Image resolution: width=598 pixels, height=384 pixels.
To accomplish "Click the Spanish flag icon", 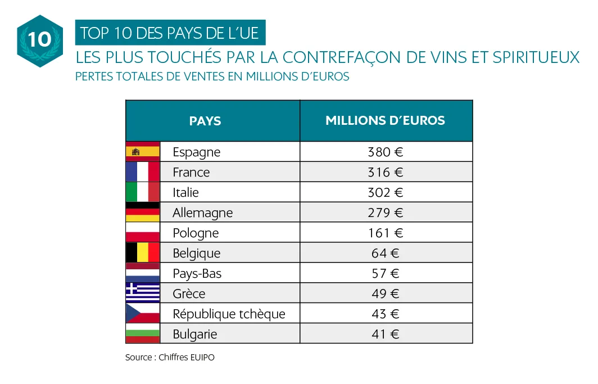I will [x=143, y=152].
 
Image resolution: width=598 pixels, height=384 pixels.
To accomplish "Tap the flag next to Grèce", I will [x=143, y=293].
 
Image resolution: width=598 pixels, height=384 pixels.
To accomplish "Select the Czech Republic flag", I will [x=143, y=313].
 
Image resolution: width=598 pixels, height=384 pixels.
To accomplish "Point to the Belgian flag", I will [x=143, y=252].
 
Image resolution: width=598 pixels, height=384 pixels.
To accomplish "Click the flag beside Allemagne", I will [x=143, y=213].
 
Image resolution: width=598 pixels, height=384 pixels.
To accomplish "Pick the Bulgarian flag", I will [x=143, y=333].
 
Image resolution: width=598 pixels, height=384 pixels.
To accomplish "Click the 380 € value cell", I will [x=386, y=152].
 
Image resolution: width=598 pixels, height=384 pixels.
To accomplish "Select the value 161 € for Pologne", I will [x=386, y=233].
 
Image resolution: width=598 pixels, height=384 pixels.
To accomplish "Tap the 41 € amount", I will [x=386, y=334].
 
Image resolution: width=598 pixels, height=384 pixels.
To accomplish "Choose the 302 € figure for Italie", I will [x=386, y=192].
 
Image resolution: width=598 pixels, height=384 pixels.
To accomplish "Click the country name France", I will [x=191, y=172].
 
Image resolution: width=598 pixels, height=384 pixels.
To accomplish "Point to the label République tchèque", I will [x=229, y=314].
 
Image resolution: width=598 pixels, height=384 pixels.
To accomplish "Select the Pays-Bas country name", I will [x=197, y=273].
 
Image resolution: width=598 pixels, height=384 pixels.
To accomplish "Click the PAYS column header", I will [x=205, y=121].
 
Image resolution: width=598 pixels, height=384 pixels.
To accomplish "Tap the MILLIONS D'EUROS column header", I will [x=386, y=120].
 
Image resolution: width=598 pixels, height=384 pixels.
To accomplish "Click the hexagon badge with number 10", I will [x=39, y=40].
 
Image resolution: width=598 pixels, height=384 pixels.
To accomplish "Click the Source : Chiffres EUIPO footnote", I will [x=170, y=358].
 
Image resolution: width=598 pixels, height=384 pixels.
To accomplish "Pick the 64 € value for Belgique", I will [x=386, y=253].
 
